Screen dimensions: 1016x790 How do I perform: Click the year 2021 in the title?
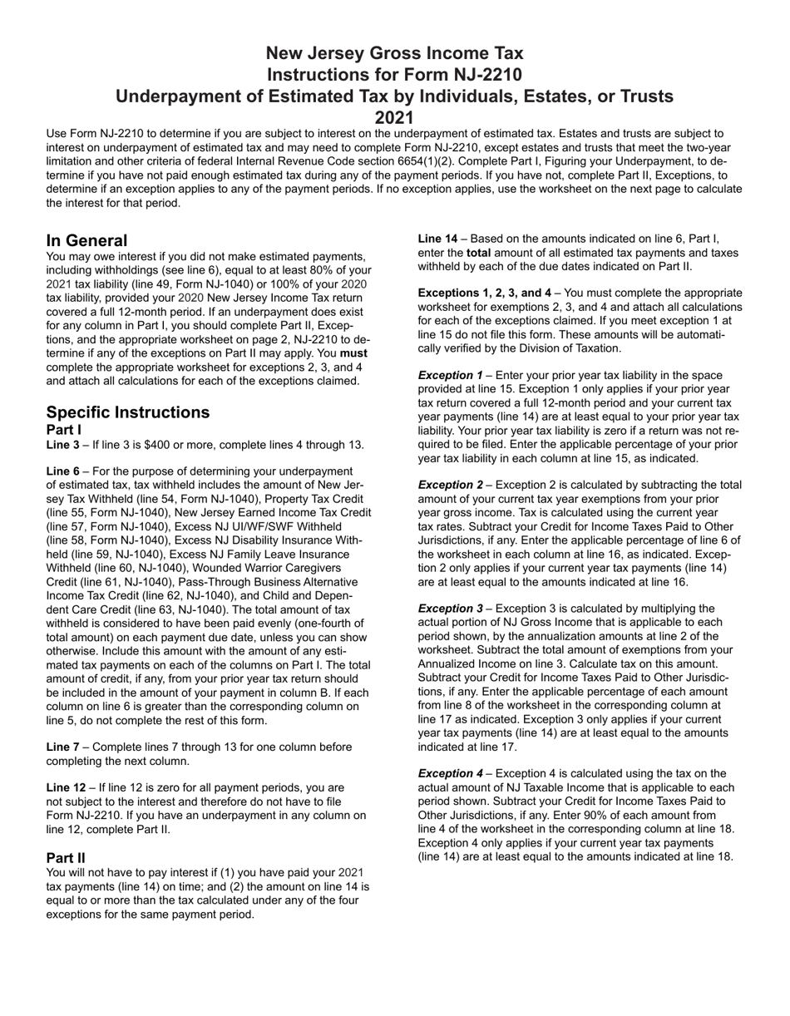(x=394, y=118)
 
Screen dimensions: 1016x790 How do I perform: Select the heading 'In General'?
(x=87, y=240)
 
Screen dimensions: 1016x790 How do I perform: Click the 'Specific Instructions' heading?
(x=128, y=412)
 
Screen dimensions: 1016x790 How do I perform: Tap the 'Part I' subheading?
(x=64, y=430)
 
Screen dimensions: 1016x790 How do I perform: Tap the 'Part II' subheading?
(x=66, y=857)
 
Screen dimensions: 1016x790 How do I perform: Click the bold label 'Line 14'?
(x=437, y=239)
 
